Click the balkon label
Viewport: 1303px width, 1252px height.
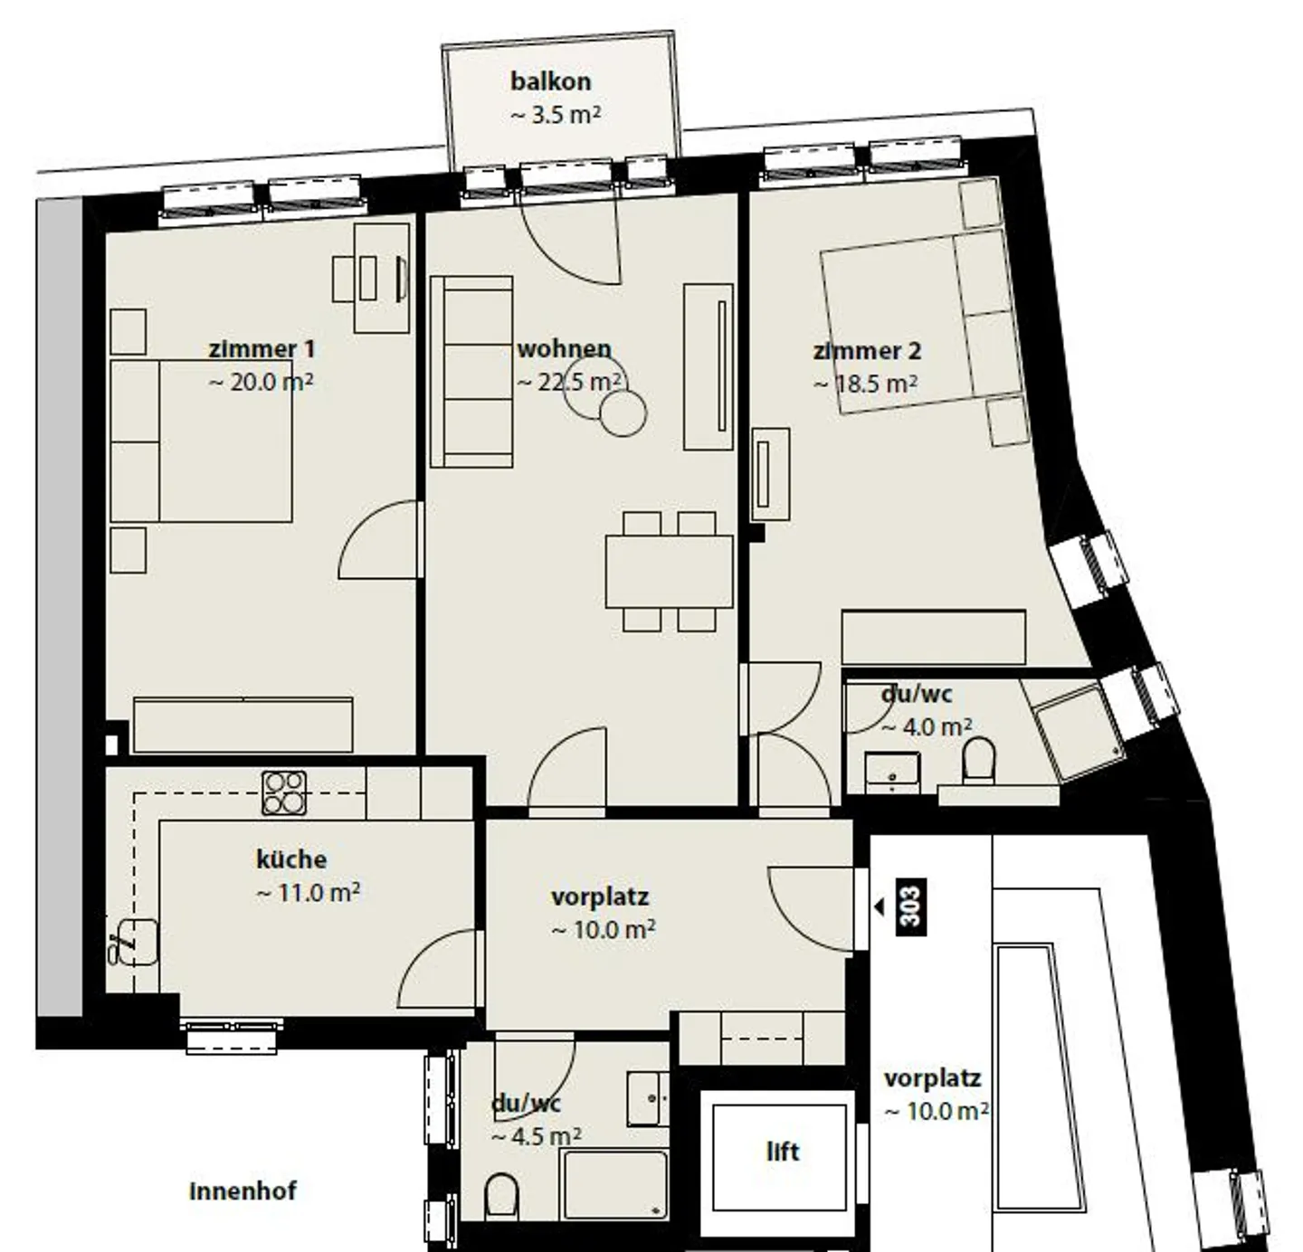click(550, 81)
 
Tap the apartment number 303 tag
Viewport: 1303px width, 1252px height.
click(910, 906)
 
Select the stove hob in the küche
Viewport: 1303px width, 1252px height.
click(284, 792)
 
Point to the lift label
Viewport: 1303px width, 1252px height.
click(783, 1152)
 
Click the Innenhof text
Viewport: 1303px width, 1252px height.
click(243, 1190)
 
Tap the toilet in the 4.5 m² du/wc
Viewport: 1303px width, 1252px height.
click(500, 1196)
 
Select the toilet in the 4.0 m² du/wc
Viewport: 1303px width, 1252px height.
click(978, 758)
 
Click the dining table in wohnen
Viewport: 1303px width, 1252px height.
click(669, 571)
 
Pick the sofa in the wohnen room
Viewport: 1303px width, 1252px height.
click(471, 372)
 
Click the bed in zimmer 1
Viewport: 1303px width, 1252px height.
click(201, 441)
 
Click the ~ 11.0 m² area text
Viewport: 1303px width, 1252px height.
click(308, 893)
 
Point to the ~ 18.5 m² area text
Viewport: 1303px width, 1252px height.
click(866, 384)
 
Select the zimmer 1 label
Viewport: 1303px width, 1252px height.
click(262, 349)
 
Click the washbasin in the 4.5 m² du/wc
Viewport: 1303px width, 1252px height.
click(648, 1098)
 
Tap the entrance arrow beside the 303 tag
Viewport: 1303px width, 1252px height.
click(879, 906)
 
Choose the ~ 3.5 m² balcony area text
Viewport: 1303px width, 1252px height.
click(556, 116)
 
